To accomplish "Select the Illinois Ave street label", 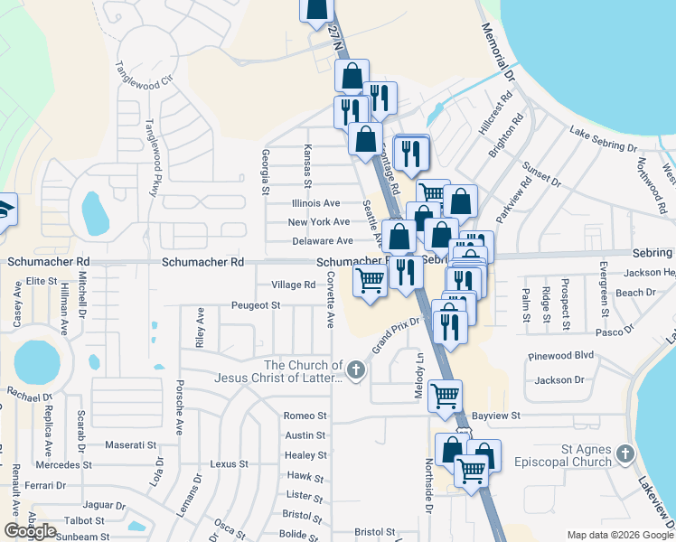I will coord(315,203).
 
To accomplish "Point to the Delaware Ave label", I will coord(323,241).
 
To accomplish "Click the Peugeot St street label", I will coord(255,305).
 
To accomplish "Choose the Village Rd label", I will coord(294,285).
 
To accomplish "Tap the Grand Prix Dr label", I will coord(396,335).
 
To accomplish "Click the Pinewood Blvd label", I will coord(563,356).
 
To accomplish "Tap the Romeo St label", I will coord(305,416).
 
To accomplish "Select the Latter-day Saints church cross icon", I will coord(357,369).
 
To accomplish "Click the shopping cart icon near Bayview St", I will coord(445,395).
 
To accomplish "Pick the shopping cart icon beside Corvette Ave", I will coord(370,281).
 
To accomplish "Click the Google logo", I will coord(30,531).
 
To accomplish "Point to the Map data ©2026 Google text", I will coord(620,534).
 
